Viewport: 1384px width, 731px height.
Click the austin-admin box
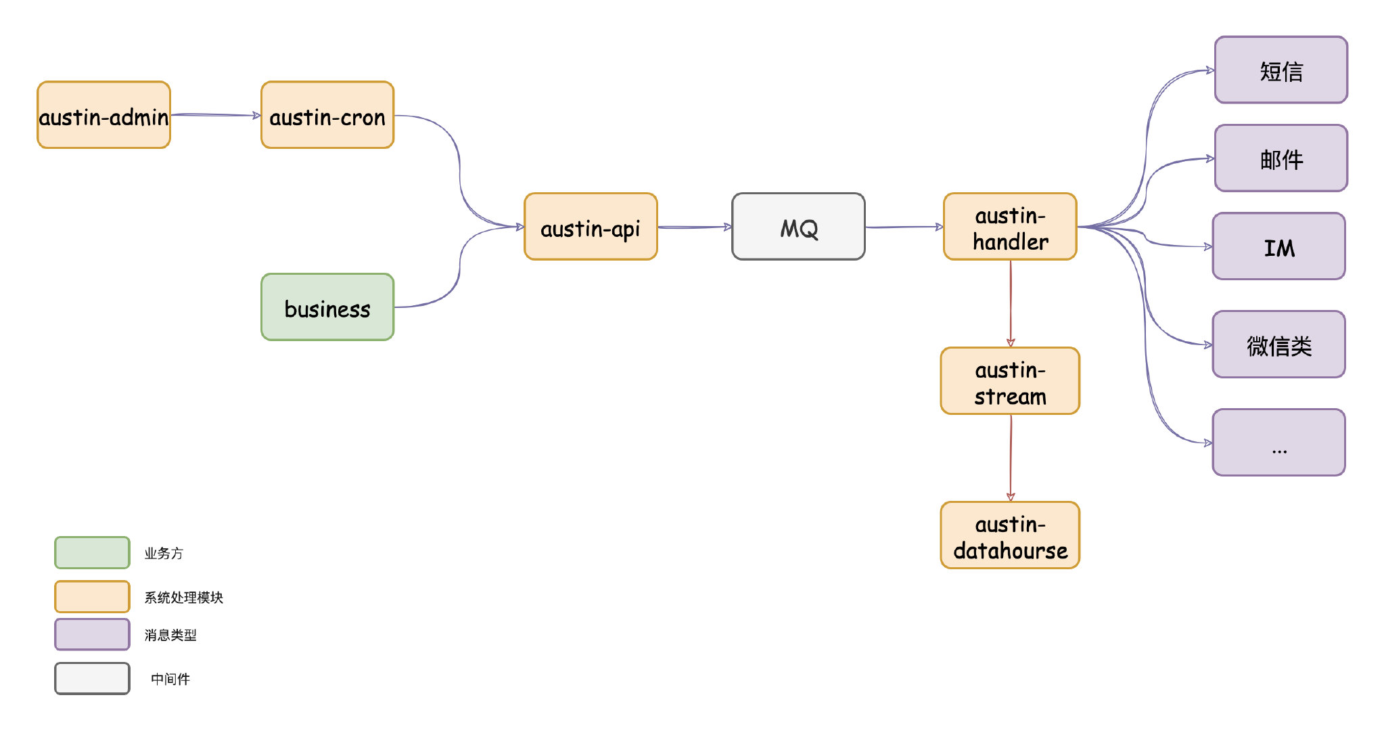pyautogui.click(x=103, y=115)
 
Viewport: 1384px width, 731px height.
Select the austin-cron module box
pyautogui.click(x=327, y=115)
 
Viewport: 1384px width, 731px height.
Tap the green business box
pyautogui.click(x=327, y=307)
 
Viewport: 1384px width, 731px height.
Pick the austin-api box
pyautogui.click(x=591, y=227)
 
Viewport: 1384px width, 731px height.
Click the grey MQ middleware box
pyautogui.click(x=798, y=227)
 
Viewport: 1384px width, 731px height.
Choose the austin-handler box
pyautogui.click(x=1010, y=227)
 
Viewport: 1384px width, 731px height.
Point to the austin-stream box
pyautogui.click(x=1010, y=381)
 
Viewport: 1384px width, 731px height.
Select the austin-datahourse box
pyautogui.click(x=1010, y=535)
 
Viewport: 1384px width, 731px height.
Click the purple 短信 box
pyautogui.click(x=1281, y=70)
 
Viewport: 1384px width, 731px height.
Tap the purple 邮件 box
pyautogui.click(x=1281, y=158)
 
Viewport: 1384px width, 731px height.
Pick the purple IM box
pyautogui.click(x=1279, y=246)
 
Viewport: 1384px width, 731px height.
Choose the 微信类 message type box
pyautogui.click(x=1279, y=345)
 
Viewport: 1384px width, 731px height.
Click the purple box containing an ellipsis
pyautogui.click(x=1279, y=443)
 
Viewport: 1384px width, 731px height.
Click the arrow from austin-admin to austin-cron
pyautogui.click(x=216, y=115)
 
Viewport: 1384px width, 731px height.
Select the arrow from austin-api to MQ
pyautogui.click(x=695, y=227)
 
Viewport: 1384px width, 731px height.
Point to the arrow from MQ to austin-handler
pyautogui.click(x=904, y=227)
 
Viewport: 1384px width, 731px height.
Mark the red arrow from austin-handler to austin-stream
pyautogui.click(x=1011, y=304)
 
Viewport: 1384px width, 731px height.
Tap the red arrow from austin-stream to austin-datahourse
pyautogui.click(x=1011, y=458)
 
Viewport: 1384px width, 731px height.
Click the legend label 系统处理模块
pyautogui.click(x=183, y=598)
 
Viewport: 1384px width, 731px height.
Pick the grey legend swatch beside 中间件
pyautogui.click(x=92, y=678)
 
